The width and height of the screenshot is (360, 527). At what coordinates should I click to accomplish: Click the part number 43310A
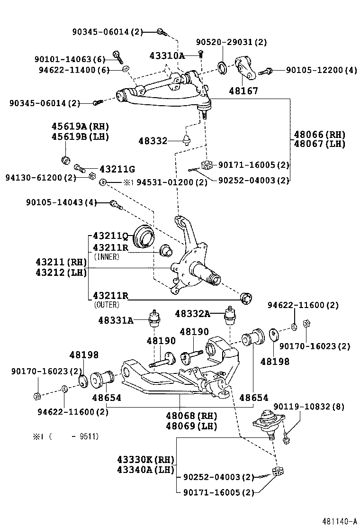(x=167, y=55)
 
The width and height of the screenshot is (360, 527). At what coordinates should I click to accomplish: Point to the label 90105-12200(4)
(x=321, y=70)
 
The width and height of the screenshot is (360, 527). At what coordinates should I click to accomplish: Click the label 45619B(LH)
(x=80, y=137)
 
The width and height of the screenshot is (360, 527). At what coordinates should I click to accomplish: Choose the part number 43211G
(x=117, y=169)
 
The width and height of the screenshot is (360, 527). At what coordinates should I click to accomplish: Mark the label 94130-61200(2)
(x=40, y=178)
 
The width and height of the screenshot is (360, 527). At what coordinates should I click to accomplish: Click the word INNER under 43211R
(x=107, y=256)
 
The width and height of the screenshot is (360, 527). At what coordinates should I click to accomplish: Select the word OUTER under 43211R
(x=107, y=305)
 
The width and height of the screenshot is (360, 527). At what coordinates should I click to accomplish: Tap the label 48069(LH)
(x=191, y=426)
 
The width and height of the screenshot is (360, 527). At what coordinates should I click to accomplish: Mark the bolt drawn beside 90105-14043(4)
(x=116, y=204)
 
